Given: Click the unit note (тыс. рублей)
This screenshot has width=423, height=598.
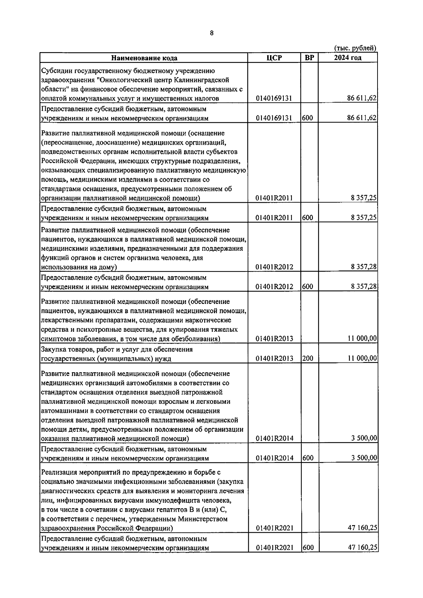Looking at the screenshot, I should point(355,48).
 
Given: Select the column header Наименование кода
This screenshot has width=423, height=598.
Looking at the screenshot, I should point(144,58).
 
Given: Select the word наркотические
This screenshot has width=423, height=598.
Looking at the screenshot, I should point(208,320).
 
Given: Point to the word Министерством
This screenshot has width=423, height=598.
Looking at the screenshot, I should point(202,519).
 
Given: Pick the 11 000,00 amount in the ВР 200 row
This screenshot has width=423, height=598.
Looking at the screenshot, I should point(362,359).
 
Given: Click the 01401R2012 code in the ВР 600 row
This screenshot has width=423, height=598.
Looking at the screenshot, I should point(274,287).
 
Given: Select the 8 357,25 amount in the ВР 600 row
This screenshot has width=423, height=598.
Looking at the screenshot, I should point(364,218).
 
